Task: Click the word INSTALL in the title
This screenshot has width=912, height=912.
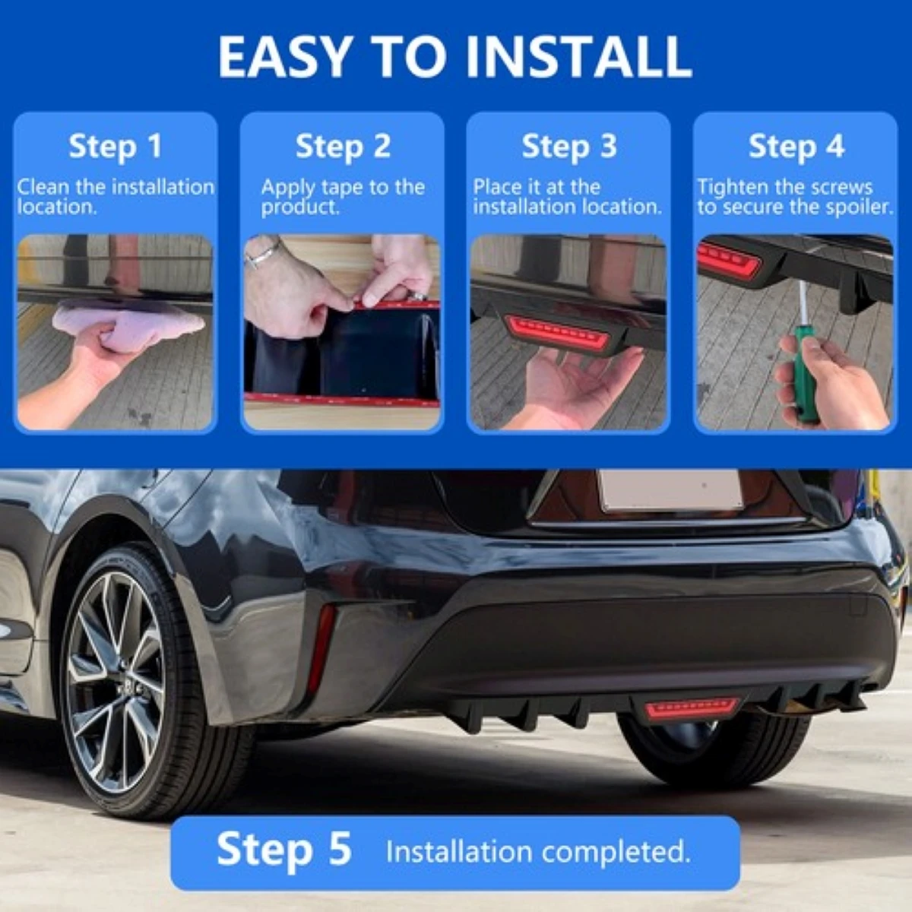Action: point(578,56)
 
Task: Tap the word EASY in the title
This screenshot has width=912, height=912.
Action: point(286,56)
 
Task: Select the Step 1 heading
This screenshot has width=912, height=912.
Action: point(115,146)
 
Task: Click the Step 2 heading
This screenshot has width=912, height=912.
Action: point(343,146)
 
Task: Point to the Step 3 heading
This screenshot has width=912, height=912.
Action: point(568,146)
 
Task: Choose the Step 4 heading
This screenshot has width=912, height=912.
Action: point(796,146)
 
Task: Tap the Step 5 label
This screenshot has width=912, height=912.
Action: point(283,848)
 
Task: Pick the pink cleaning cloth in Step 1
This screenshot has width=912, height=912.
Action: point(129,323)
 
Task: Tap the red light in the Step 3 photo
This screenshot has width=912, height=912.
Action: point(558,332)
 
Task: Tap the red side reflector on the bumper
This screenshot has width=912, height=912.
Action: point(321,646)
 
